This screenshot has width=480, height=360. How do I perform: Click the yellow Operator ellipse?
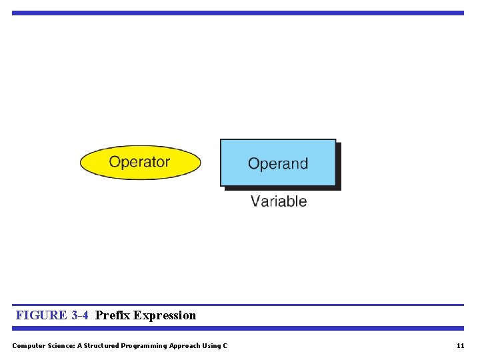pos(140,163)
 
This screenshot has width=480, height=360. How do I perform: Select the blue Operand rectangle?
pos(278,163)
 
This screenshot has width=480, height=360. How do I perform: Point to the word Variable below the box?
pos(279,201)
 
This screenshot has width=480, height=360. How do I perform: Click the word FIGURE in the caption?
pos(41,315)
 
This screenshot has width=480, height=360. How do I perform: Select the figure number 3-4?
pos(79,315)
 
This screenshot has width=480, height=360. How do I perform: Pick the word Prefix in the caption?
pos(113,315)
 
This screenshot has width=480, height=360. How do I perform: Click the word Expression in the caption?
pos(165,315)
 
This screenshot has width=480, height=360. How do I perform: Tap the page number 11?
pos(460,345)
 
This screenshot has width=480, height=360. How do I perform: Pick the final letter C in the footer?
pos(225,345)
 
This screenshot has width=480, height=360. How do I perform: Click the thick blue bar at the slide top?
pos(237,13)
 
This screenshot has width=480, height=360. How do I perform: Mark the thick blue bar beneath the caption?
pos(237,328)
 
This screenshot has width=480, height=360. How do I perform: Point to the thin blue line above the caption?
pos(237,305)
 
